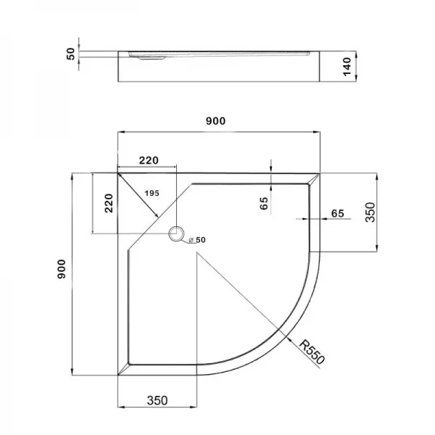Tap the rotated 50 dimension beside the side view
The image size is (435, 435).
pos(71,54)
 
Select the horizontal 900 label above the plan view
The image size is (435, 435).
pos(216,121)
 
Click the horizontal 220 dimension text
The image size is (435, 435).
pos(148,160)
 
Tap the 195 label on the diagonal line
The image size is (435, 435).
pos(152,193)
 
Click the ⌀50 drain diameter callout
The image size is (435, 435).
pos(196,240)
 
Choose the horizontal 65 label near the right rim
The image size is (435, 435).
pos(337,213)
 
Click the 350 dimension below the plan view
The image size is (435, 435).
pos(157,400)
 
